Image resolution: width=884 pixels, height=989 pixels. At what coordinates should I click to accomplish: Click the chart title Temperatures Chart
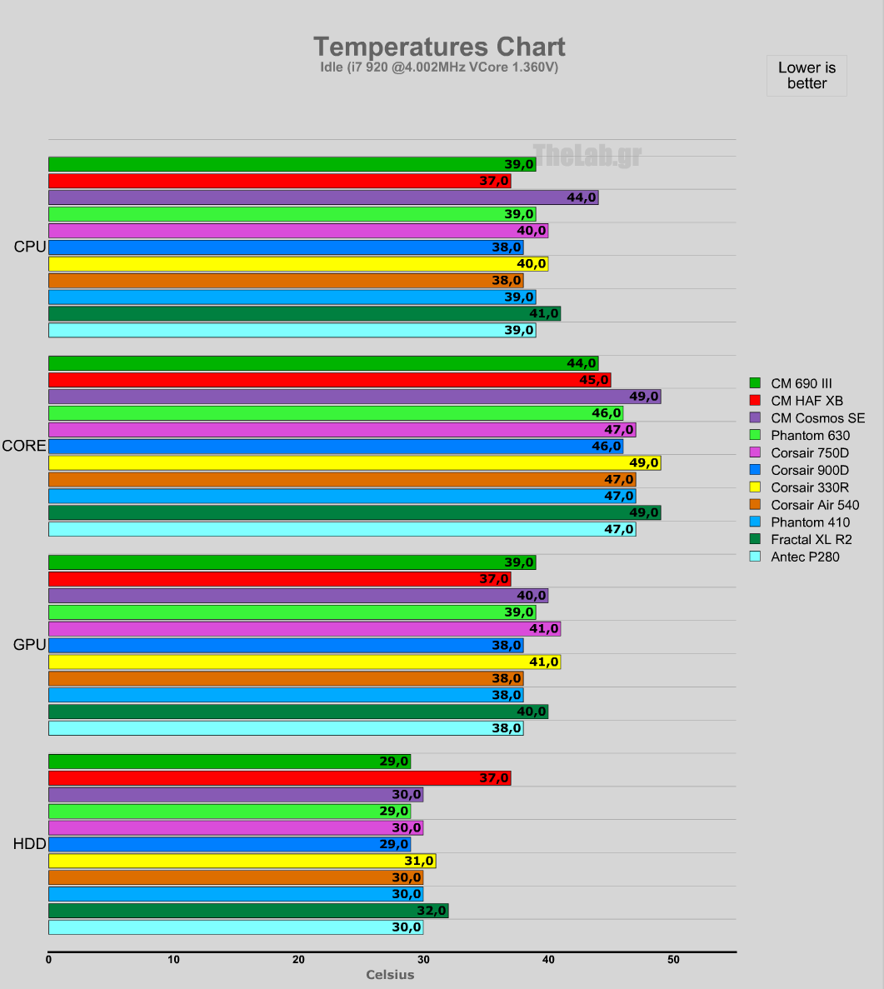pos(439,47)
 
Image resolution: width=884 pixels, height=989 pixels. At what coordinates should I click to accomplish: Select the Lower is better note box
pos(807,76)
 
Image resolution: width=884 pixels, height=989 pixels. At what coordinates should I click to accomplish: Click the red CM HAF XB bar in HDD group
pos(279,778)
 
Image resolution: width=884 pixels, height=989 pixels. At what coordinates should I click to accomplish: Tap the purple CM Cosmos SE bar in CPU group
pos(323,197)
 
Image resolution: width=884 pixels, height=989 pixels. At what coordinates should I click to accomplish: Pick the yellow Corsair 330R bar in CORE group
pos(354,462)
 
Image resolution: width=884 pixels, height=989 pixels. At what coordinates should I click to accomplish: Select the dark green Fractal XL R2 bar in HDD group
pos(248,911)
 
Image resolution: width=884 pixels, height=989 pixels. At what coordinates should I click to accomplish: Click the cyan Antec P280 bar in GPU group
pos(286,728)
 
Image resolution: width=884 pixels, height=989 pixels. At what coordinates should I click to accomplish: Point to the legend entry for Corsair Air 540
pos(815,505)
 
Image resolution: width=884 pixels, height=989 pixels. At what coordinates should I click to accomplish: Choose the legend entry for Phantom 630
pos(810,435)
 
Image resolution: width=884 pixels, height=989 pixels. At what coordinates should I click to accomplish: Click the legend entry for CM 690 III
pos(801,383)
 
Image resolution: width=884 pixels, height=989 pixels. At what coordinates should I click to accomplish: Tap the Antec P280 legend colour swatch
pos(756,557)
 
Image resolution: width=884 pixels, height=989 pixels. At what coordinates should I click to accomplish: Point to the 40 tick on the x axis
pos(548,960)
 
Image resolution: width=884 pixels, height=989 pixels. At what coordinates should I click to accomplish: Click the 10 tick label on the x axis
pos(173,960)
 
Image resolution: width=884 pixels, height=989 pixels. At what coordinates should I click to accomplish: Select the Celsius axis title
pos(390,975)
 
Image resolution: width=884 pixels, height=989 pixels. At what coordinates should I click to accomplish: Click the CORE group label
pos(24,446)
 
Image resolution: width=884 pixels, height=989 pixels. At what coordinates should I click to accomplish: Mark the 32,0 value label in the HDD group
pos(432,911)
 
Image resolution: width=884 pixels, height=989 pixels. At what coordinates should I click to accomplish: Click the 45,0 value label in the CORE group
pos(594,380)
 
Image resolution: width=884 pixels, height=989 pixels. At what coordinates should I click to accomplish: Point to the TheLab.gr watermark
pos(587,155)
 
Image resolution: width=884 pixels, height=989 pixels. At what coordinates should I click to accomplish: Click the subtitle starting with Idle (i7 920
pos(439,67)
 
